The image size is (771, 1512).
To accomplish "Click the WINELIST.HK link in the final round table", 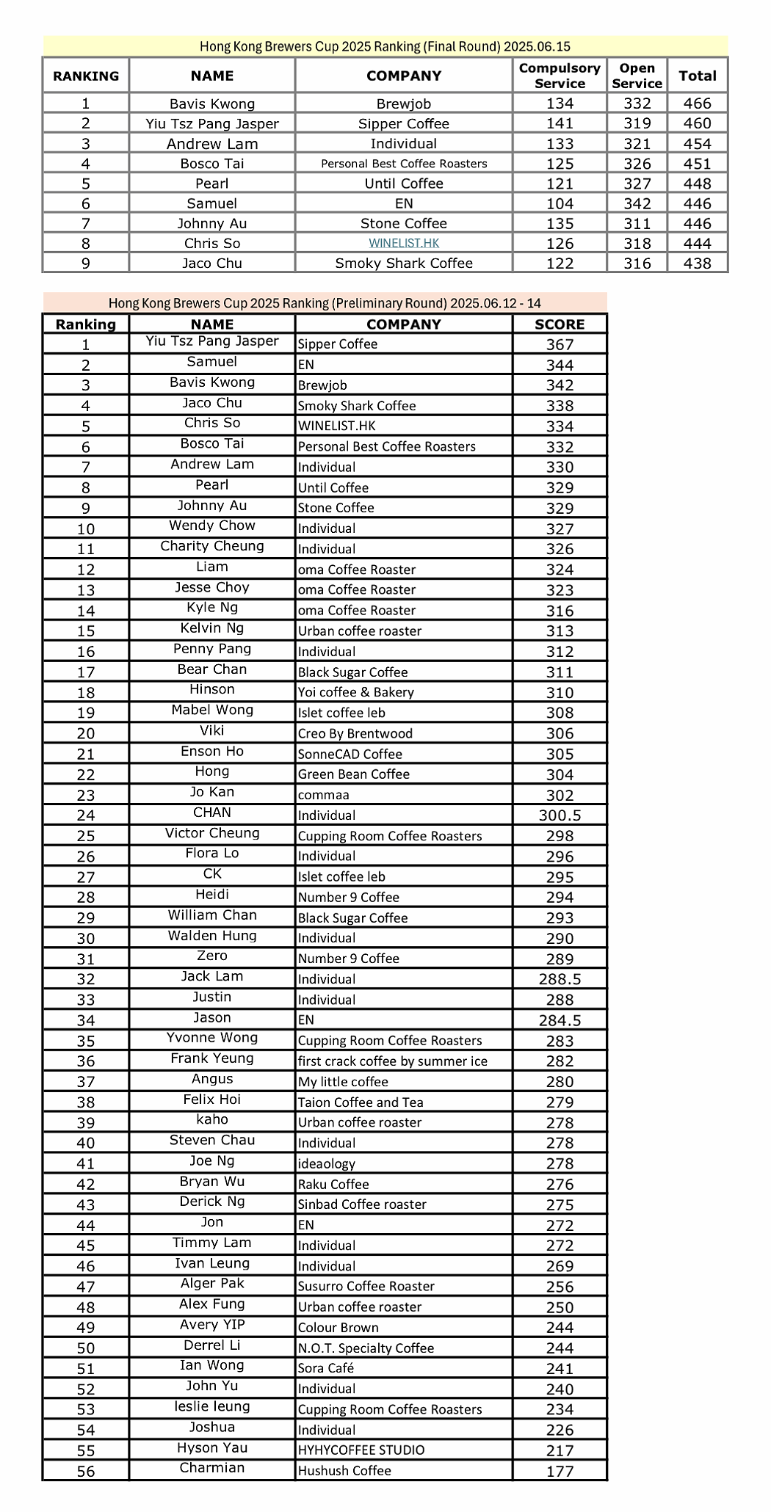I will click(x=404, y=243).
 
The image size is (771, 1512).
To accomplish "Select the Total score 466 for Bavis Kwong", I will click(x=697, y=103).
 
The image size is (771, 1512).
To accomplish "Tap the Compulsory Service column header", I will click(x=560, y=76).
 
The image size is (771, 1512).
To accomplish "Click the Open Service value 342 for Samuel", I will click(x=637, y=203).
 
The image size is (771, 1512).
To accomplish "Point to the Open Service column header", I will click(x=637, y=76).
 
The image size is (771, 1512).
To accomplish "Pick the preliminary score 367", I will click(x=560, y=344).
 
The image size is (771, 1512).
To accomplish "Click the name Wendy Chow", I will click(x=212, y=526).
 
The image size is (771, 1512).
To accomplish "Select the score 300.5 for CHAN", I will click(x=560, y=815).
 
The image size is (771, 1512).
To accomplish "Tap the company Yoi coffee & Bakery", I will click(x=356, y=692).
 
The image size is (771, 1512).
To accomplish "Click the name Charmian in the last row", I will click(x=212, y=1467).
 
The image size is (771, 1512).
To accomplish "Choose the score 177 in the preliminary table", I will click(x=560, y=1471).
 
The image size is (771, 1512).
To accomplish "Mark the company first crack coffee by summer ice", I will click(x=393, y=1061).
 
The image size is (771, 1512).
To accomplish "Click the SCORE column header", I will click(x=560, y=324).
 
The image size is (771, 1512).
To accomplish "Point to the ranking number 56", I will click(x=86, y=1471).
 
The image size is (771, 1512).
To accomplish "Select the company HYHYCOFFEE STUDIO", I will click(x=361, y=1450).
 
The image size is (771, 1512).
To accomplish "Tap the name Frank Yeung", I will click(x=212, y=1058).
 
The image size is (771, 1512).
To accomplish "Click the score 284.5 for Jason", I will click(x=560, y=1020).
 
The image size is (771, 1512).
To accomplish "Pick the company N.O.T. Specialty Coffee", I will click(x=366, y=1348).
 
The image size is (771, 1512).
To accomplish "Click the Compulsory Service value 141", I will click(x=560, y=123).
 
